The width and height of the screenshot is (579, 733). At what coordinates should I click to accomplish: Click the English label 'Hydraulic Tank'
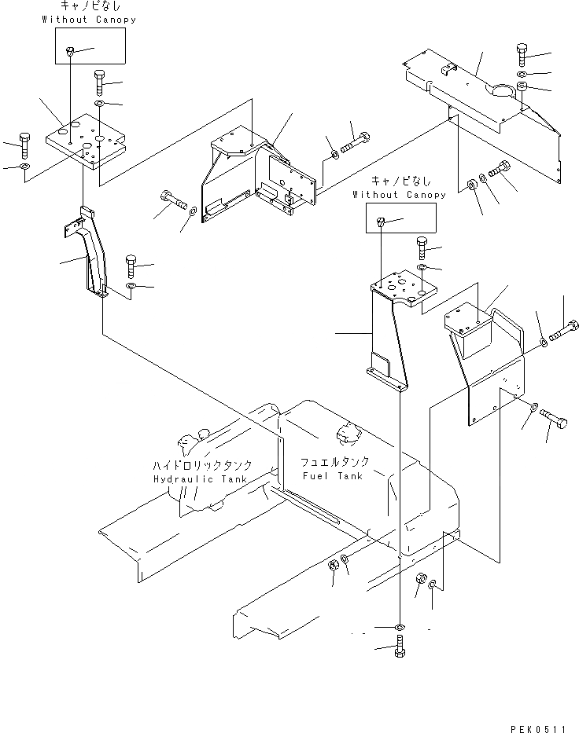pos(199,478)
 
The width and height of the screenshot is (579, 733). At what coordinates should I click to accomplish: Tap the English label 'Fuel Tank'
pos(334,476)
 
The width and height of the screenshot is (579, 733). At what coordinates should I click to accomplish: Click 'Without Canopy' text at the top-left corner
pos(89,20)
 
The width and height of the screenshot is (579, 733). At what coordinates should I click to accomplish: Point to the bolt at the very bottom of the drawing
pos(400,650)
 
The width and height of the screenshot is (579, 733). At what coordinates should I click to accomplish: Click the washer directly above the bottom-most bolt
pos(400,626)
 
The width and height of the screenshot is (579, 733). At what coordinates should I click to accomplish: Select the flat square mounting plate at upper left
pos(86,141)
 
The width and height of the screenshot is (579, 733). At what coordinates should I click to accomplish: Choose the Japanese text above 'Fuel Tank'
pos(334,462)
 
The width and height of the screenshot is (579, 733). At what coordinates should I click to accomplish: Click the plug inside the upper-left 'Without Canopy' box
pos(71,51)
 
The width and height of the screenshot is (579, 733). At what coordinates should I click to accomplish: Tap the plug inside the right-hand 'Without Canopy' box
pos(380,222)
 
